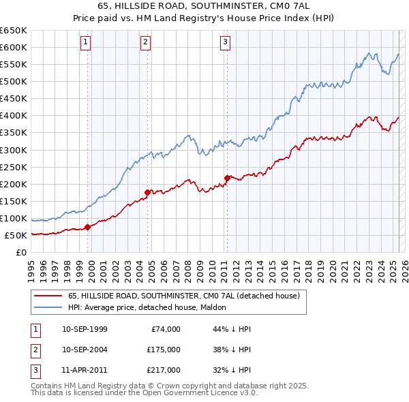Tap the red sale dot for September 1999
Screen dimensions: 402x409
pos(87,227)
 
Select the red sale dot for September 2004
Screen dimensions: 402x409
pos(147,192)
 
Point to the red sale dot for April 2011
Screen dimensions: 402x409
pos(227,178)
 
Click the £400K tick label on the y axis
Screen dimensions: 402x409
pos(14,116)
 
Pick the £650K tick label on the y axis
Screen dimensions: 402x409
pos(14,31)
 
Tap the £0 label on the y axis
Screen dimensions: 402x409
pos(20,253)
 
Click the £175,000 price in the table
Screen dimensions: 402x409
pos(164,350)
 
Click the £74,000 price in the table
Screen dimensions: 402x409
pos(166,329)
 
